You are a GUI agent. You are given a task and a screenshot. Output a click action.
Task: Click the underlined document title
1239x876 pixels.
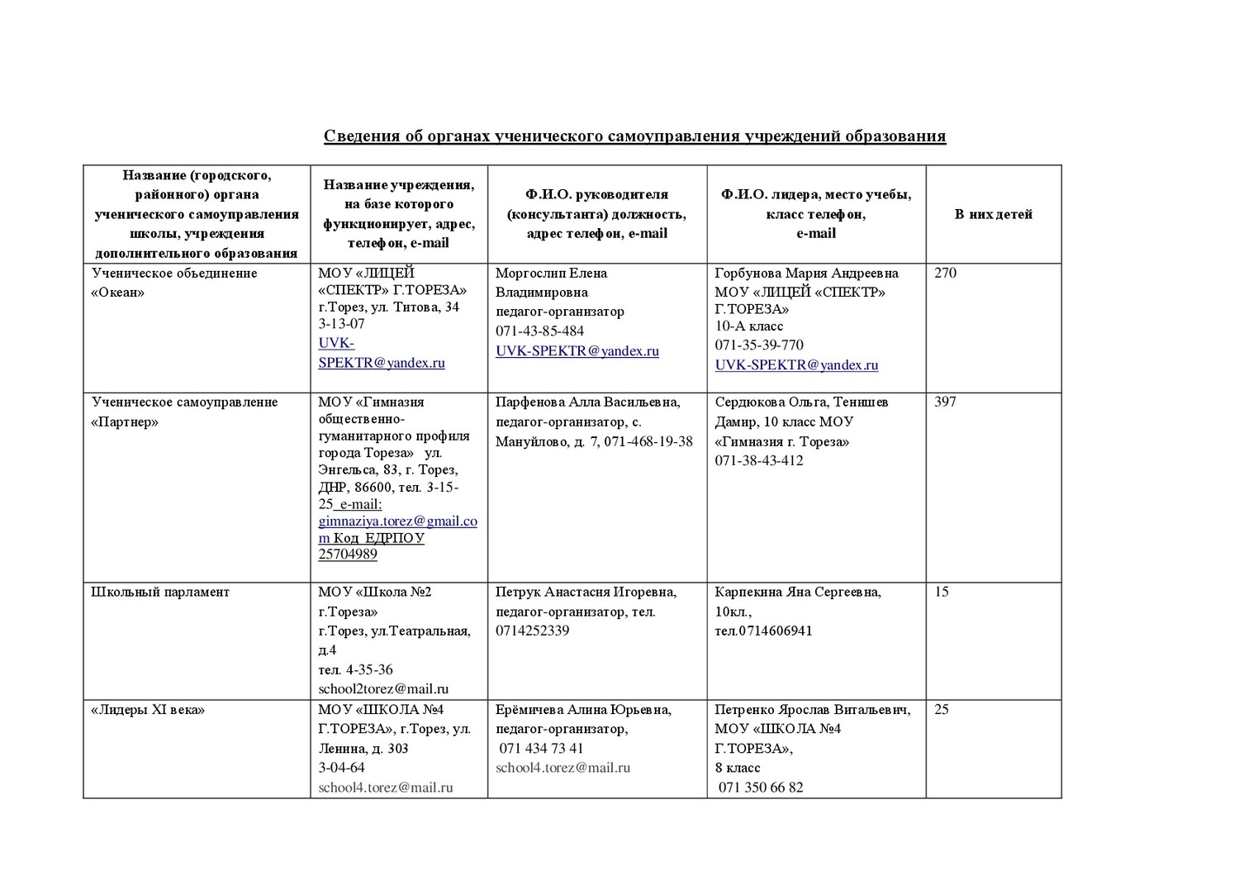click(x=634, y=136)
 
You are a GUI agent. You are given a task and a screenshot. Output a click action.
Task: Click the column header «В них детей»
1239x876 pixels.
click(x=994, y=215)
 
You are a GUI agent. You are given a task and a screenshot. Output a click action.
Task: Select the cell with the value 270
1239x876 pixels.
click(x=945, y=274)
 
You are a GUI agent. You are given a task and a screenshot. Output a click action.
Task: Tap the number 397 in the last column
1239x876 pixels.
click(x=945, y=402)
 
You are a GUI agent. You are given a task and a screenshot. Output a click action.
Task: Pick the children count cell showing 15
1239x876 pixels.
click(x=942, y=592)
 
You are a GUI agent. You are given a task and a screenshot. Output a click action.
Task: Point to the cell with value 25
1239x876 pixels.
click(x=942, y=709)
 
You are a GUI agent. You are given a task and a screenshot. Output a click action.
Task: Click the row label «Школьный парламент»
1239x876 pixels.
click(x=160, y=593)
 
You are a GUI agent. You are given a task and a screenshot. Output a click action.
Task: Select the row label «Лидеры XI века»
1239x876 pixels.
click(x=148, y=710)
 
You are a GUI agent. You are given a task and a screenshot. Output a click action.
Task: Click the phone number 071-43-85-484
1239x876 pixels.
click(x=539, y=331)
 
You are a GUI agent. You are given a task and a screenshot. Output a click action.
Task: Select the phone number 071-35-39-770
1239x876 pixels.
click(x=759, y=345)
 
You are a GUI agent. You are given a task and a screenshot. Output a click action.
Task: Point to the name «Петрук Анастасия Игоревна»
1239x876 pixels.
click(x=586, y=593)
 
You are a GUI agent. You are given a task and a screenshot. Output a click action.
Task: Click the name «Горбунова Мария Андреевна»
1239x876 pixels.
click(x=806, y=274)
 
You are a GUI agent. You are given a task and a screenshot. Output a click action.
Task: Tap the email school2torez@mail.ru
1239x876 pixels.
click(x=383, y=689)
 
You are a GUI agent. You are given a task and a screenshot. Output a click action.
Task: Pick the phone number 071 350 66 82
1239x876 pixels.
click(x=761, y=788)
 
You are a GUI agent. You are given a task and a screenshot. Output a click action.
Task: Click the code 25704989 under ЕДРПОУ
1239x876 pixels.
click(x=348, y=555)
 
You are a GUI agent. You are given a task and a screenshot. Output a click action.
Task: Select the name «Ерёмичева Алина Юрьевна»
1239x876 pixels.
click(x=583, y=710)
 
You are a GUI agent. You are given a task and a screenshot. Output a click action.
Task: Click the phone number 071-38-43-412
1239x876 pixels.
click(x=759, y=461)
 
